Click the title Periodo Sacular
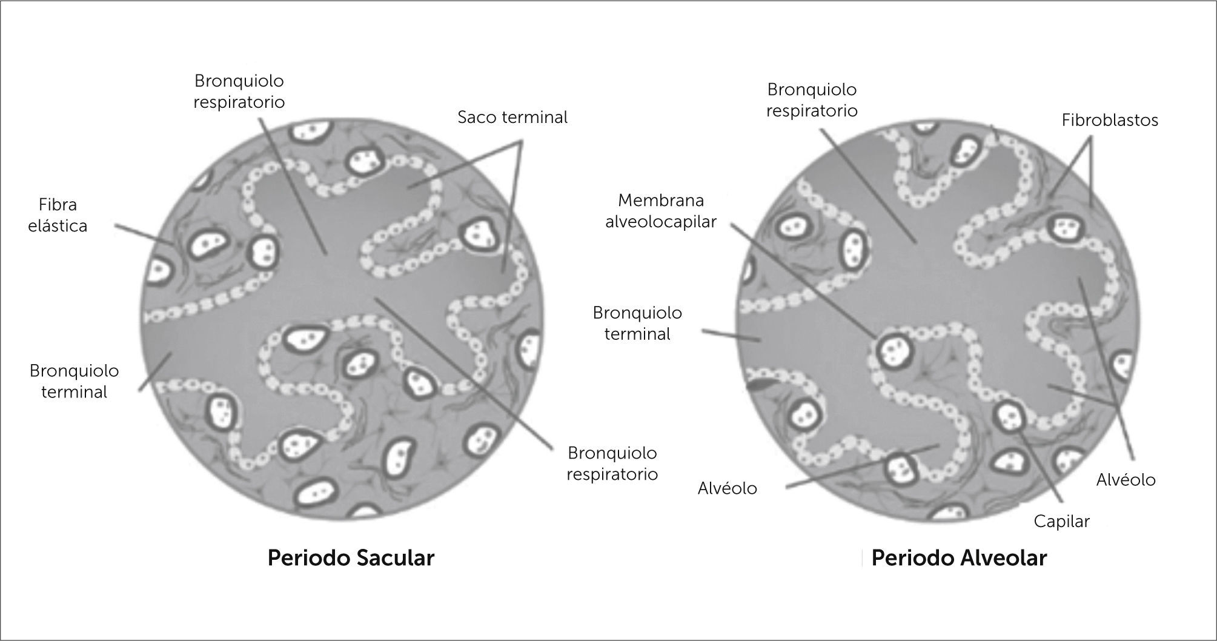351,558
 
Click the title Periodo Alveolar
958,558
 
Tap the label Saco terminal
512,118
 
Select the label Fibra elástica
58,215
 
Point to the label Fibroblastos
1110,121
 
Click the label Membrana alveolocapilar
661,211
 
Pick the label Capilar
1061,521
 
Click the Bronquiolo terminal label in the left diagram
74,381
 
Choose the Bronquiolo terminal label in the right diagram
637,324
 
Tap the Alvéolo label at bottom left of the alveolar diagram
727,488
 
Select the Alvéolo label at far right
1126,480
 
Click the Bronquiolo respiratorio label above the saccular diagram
239,91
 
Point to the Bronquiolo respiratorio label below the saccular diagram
612,463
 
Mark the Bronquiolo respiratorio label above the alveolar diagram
812,100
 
